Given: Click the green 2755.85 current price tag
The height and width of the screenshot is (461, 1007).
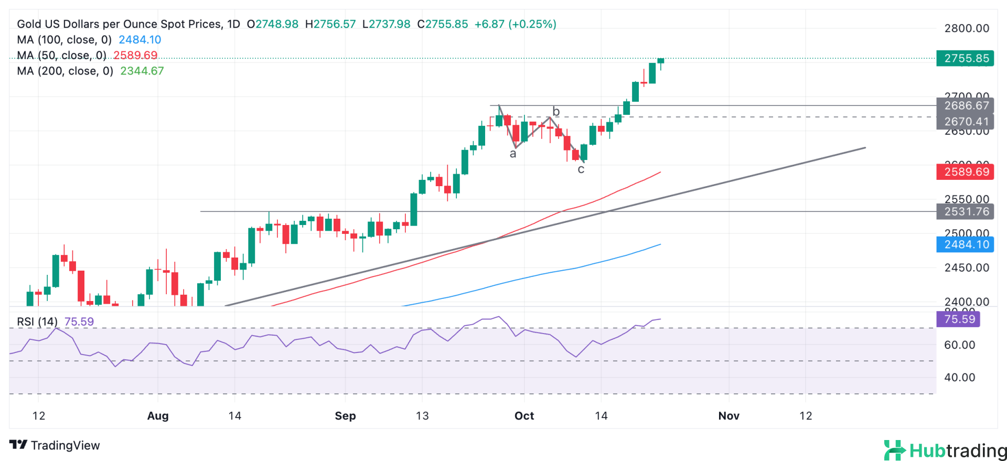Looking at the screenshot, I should point(965,58).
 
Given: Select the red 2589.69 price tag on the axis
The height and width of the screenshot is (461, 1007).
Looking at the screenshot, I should point(965,171).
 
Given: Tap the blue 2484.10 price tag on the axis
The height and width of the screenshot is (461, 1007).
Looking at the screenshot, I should point(965,244).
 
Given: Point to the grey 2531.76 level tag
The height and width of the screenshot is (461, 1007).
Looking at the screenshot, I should point(965,211).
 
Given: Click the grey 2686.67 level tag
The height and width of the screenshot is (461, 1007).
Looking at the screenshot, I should point(965,105).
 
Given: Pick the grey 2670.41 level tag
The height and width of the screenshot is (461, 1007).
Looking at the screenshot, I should point(965,122).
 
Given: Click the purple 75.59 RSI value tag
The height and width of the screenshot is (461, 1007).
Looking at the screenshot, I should point(958,319).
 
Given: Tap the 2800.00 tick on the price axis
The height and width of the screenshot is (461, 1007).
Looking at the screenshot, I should point(967,28).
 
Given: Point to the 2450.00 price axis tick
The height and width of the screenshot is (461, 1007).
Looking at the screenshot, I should point(967,267).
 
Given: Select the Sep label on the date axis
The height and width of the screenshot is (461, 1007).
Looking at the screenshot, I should point(345,416).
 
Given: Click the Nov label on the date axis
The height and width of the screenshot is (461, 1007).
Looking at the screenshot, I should point(729,416).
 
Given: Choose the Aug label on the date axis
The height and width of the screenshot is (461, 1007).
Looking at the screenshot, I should point(158,416).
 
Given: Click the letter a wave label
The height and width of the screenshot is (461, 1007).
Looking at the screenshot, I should point(513,154).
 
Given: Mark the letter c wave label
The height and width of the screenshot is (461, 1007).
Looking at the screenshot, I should point(581,169).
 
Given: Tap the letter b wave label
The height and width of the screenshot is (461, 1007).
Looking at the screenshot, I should point(556,111).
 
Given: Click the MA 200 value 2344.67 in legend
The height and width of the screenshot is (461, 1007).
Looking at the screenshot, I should point(142,71).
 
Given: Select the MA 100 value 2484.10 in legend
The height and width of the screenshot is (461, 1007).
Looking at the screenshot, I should point(140,39).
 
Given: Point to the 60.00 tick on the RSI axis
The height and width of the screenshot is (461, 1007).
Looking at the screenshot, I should point(959,345).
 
